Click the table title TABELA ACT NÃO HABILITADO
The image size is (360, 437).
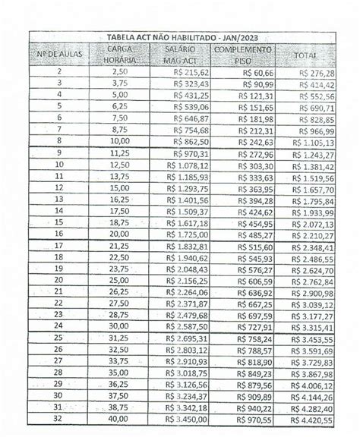(x=181, y=38)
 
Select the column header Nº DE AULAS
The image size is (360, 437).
(x=60, y=55)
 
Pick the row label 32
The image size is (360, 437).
(x=60, y=418)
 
